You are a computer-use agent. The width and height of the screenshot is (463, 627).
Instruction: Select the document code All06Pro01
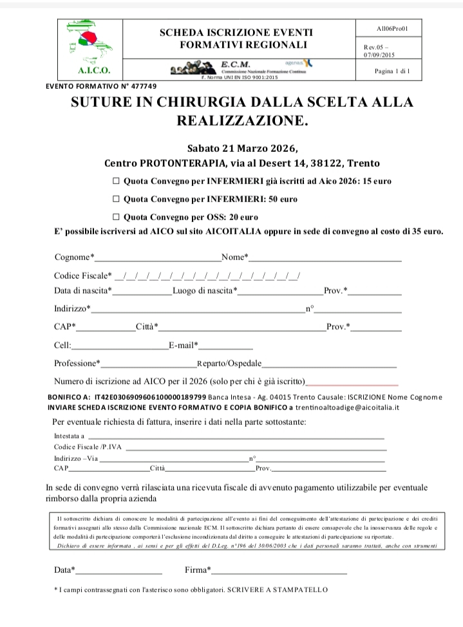click(x=392, y=29)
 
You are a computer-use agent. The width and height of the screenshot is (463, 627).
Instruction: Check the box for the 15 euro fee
click(x=116, y=182)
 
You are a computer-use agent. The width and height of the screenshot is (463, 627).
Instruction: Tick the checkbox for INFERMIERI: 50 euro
click(x=116, y=200)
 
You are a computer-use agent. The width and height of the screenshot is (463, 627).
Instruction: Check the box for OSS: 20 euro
click(x=116, y=217)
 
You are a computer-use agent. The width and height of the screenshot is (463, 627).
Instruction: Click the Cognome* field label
click(x=74, y=257)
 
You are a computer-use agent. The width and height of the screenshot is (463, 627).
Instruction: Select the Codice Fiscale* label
click(x=83, y=276)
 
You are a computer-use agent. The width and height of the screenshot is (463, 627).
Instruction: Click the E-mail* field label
click(x=184, y=346)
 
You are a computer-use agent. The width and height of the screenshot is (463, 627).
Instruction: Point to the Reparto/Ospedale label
click(x=229, y=363)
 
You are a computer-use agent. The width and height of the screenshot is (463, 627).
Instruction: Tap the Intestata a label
click(x=69, y=436)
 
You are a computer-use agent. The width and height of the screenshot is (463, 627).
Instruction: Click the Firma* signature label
click(x=198, y=570)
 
